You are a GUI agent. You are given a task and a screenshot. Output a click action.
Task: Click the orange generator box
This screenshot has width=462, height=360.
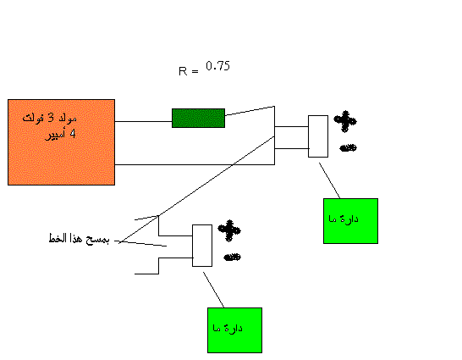[x=61, y=142]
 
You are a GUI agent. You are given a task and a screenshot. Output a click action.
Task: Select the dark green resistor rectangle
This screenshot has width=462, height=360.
[x=198, y=119]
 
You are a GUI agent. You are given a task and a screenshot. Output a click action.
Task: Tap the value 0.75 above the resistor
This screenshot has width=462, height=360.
[x=217, y=66]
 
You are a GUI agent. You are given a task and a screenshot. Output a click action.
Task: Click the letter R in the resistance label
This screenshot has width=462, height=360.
[x=183, y=71]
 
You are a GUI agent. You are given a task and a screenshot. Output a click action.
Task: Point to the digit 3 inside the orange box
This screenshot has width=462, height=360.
[x=51, y=119]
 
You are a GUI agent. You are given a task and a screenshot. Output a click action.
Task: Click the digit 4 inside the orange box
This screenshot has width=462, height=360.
[x=73, y=134]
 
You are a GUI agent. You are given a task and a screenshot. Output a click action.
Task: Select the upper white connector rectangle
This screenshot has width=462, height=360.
[x=318, y=136]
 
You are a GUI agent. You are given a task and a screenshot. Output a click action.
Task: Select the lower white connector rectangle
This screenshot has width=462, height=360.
[x=202, y=246]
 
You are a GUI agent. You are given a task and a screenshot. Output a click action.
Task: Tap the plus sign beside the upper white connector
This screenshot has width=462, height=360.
[x=345, y=121]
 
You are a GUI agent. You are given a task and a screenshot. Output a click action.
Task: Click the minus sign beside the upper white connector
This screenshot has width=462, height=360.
[x=349, y=147]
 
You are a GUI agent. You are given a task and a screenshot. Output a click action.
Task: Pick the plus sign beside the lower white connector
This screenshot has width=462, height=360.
[x=229, y=230]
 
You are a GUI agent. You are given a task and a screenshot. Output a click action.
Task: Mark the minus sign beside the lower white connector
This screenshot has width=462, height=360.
[x=233, y=258]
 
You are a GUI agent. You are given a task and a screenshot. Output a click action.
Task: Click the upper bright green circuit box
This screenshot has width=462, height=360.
[x=350, y=221]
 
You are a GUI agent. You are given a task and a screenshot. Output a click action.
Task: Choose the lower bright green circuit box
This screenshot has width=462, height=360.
[x=235, y=330]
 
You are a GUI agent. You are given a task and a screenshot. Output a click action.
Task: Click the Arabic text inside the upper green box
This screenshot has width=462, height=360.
[x=344, y=219]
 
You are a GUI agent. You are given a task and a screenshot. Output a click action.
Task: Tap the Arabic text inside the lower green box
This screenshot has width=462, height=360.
[x=228, y=328]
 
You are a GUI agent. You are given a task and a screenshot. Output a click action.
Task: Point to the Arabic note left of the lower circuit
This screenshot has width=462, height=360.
[x=79, y=238]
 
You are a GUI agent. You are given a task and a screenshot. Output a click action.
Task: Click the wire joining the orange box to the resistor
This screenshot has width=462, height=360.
[x=143, y=121]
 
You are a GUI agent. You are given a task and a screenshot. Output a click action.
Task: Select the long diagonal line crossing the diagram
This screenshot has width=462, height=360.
[x=196, y=190]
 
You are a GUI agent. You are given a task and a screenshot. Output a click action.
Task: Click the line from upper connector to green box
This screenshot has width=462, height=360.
[x=329, y=180]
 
